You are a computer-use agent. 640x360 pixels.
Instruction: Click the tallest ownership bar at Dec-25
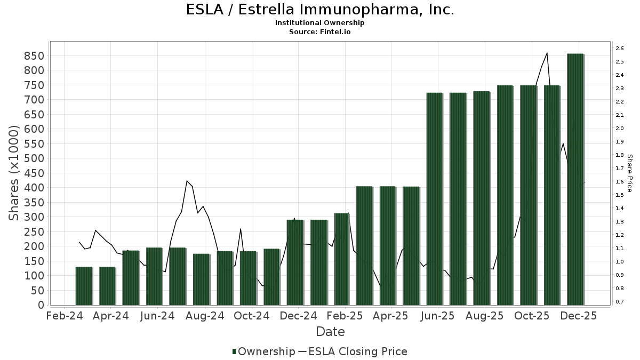tap(575, 179)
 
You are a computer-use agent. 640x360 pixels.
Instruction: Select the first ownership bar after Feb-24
tap(84, 286)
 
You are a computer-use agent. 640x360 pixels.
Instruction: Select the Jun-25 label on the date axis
tap(437, 316)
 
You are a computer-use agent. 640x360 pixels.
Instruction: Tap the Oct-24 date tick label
tap(251, 316)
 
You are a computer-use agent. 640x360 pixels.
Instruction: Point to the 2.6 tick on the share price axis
tap(619, 49)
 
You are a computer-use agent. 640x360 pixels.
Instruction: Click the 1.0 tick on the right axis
tap(619, 262)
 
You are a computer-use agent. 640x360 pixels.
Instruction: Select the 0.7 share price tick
tap(619, 302)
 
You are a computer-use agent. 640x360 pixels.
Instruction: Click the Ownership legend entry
tap(263, 351)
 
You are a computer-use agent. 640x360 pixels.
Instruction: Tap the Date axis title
tap(330, 332)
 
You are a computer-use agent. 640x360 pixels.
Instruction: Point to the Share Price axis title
tap(629, 173)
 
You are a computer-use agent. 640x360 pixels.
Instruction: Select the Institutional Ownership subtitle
tap(320, 23)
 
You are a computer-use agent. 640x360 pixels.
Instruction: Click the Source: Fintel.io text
tap(320, 31)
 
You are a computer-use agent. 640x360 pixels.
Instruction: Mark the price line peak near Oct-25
tap(547, 53)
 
